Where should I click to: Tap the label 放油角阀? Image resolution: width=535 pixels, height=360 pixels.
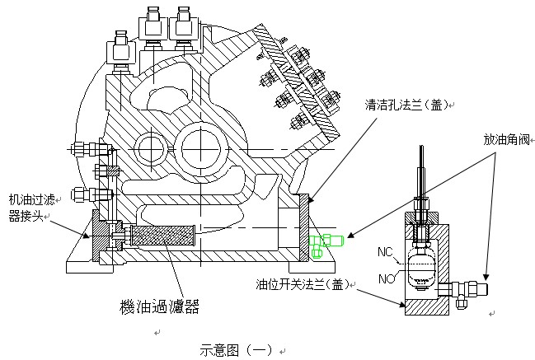click(x=506, y=139)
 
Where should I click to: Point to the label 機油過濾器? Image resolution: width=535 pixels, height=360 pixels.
click(x=159, y=306)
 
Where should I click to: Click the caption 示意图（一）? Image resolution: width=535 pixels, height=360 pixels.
click(x=236, y=350)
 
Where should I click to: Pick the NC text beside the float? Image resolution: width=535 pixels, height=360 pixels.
click(x=385, y=252)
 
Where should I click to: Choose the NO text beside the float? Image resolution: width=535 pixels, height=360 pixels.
click(x=387, y=278)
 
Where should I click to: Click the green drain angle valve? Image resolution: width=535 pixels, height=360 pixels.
click(x=325, y=244)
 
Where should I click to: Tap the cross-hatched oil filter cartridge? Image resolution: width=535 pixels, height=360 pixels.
click(x=162, y=236)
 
